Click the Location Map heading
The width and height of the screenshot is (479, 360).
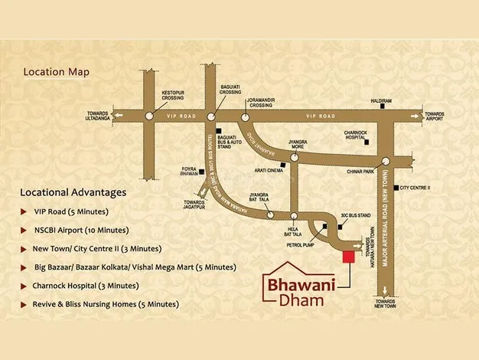tap(56, 72)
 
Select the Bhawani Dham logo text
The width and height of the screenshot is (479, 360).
tap(298, 292)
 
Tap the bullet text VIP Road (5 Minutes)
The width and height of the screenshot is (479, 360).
tap(70, 211)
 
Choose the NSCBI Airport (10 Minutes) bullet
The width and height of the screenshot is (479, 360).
tap(80, 230)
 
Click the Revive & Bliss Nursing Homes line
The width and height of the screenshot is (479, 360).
tap(105, 304)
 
